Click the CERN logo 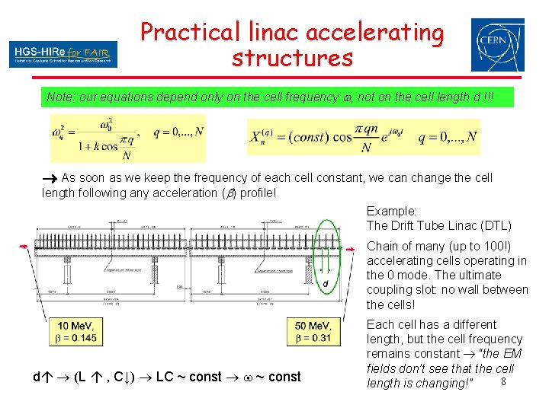497,45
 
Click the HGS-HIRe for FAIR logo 64,53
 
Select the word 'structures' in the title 292,58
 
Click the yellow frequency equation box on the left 127,138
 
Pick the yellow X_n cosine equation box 363,139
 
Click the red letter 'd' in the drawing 326,284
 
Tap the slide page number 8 502,381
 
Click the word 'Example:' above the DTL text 391,211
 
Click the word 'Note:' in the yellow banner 61,97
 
